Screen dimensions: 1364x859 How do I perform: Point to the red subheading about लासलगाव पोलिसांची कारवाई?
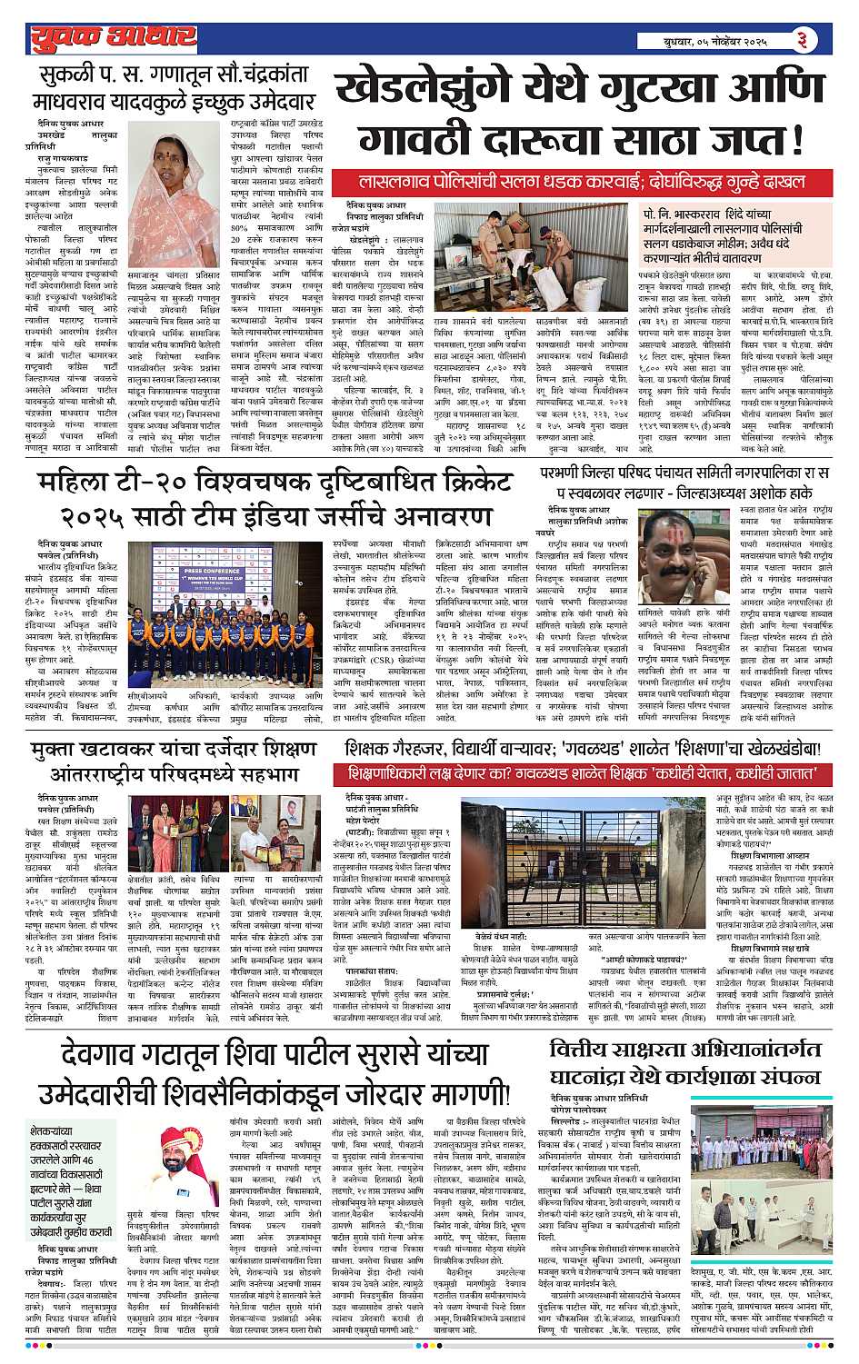coord(583,181)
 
